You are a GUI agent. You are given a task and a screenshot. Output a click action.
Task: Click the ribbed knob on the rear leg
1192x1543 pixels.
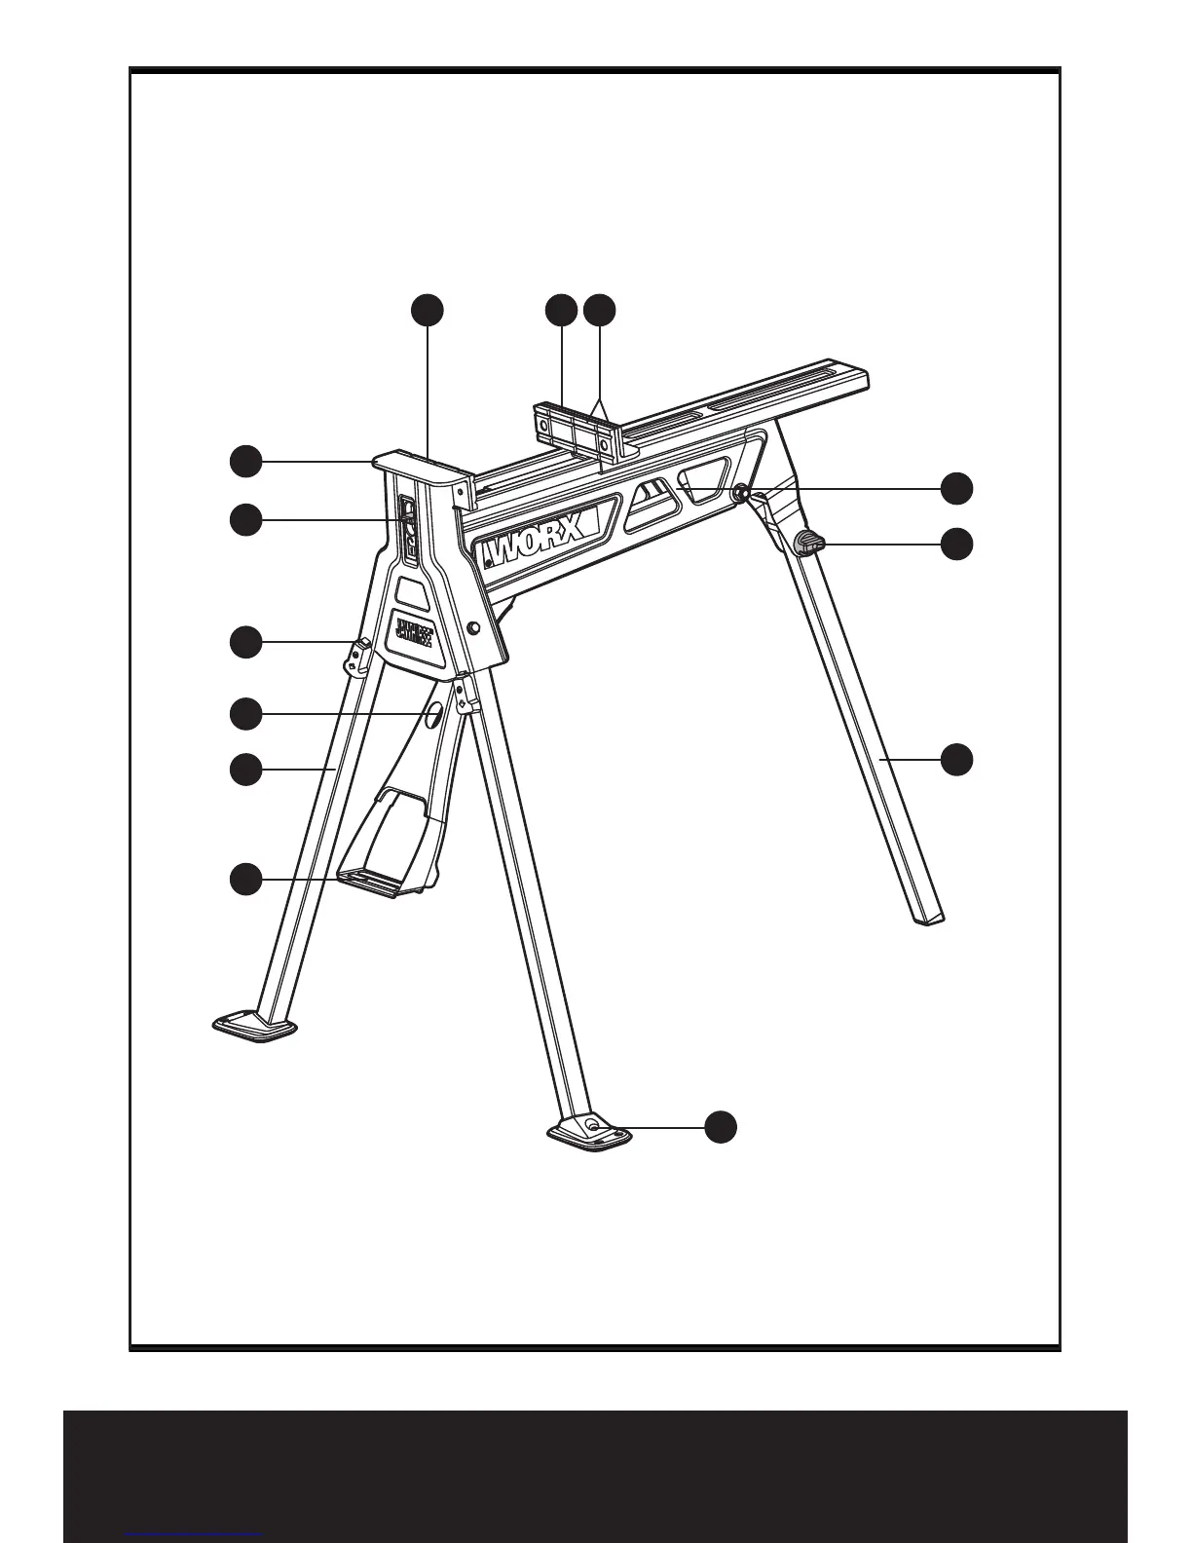tap(809, 543)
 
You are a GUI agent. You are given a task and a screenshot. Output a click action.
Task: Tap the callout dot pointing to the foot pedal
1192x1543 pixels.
tap(245, 879)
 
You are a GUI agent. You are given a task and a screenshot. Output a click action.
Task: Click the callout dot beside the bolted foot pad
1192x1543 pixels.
tap(721, 1126)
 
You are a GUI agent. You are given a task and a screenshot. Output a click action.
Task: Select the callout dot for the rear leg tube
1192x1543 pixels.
tap(958, 759)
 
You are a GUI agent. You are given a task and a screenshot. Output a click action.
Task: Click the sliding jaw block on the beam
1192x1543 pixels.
tap(575, 430)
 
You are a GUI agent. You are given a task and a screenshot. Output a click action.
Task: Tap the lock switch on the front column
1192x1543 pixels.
tap(409, 529)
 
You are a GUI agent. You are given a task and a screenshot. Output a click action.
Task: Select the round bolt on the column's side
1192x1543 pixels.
tap(472, 629)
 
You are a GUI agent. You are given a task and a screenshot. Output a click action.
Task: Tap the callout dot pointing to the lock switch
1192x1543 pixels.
tap(245, 520)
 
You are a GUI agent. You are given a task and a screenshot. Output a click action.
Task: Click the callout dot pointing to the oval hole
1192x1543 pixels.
tap(245, 714)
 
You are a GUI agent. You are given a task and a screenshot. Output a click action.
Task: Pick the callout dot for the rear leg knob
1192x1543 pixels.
tap(958, 544)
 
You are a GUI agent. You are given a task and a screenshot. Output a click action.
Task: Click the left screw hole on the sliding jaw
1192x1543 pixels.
tap(541, 422)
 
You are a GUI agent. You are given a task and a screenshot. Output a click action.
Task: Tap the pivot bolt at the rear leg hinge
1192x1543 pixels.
tap(742, 496)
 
